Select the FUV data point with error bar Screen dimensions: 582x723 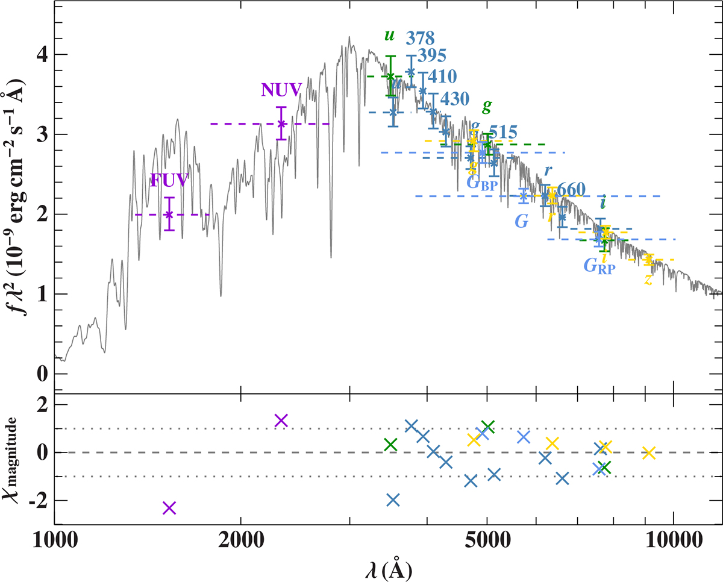(x=169, y=214)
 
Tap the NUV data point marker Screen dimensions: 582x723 (x=281, y=124)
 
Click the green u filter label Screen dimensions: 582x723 (x=389, y=36)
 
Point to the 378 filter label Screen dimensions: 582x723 (x=421, y=38)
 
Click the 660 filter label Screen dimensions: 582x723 (x=569, y=189)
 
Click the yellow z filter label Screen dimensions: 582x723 (x=648, y=280)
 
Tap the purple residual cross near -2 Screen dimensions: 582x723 (x=169, y=508)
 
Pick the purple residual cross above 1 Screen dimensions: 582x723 (x=281, y=420)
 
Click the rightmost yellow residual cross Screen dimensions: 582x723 (x=648, y=452)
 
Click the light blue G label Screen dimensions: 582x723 (x=522, y=221)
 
